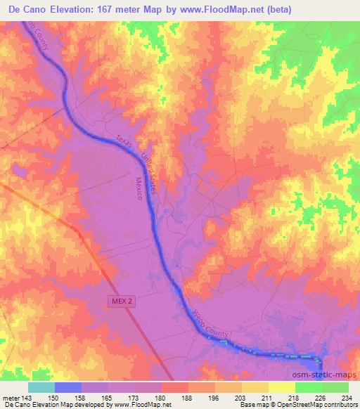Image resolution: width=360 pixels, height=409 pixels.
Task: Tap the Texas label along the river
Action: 124,140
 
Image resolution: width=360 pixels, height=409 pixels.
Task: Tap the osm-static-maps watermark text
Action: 320,375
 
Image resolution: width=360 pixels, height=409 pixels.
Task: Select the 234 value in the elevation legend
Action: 344,398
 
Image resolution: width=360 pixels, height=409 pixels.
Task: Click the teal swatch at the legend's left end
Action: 41,387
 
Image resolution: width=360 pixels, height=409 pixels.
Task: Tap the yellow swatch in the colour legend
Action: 281,387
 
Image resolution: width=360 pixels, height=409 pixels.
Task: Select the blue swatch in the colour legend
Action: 68,387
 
